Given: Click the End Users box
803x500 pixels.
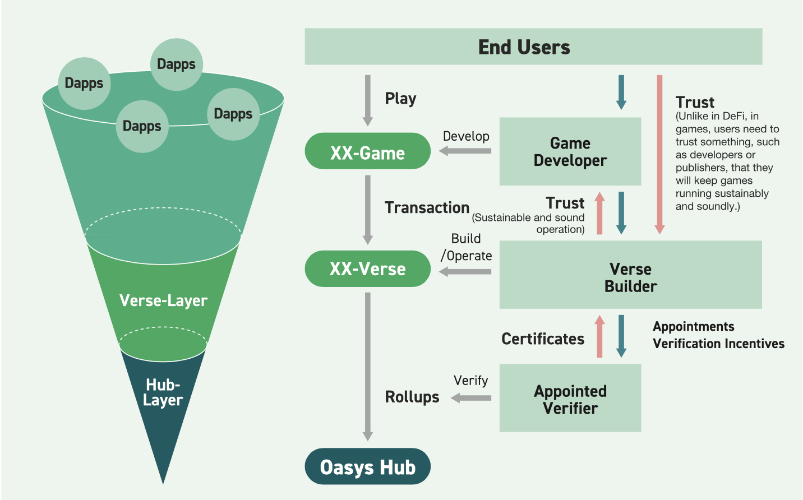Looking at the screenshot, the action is pos(533,47).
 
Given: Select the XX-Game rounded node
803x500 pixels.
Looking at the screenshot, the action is pos(367,151).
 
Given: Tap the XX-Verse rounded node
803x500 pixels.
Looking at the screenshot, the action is pos(367,268).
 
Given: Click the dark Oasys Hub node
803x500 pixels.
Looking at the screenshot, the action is pos(367,466).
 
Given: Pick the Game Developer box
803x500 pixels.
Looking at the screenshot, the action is pos(570,151).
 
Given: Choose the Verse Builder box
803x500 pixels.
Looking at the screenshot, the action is pos(631,275).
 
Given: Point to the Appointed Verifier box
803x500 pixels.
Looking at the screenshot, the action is pos(570,398).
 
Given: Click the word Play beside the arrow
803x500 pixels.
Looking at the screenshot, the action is pos(400,99).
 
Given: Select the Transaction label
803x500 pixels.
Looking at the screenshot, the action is pos(427,207).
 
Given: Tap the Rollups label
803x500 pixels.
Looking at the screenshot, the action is pos(412,397).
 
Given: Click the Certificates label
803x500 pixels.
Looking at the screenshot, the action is pos(543,339).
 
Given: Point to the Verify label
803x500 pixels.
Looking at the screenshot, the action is pos(470,381).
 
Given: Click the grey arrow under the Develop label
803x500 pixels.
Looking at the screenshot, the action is pos(465,151).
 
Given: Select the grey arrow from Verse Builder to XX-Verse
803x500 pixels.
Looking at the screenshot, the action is pos(465,272).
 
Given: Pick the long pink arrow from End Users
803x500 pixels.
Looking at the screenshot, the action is pos(659,155).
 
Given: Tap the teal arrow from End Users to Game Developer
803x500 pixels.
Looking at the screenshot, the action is pos(621,92).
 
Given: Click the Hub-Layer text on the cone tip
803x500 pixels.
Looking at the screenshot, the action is pos(163,393).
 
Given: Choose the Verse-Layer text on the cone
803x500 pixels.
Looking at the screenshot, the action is pos(164,300).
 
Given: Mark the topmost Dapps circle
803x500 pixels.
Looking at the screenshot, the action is pos(177,64).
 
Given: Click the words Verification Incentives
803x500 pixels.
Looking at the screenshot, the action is pos(718,344).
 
